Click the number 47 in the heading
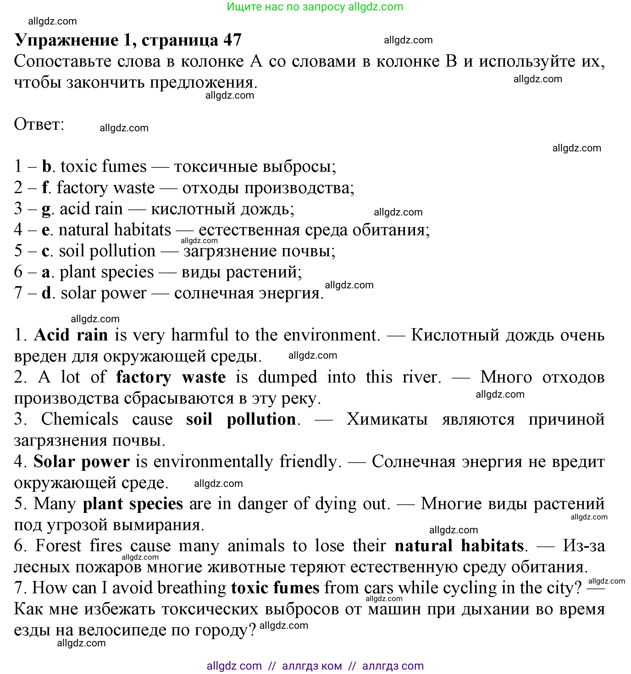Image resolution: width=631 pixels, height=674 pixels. (232, 40)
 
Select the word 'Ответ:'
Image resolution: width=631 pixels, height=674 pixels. (39, 124)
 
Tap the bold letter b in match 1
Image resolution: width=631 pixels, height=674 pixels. (47, 166)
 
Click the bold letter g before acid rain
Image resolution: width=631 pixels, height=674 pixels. (46, 209)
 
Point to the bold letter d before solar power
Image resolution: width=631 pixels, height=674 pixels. (47, 293)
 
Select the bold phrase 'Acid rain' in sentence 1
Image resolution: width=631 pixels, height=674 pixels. (71, 335)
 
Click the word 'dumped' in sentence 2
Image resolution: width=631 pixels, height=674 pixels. (287, 377)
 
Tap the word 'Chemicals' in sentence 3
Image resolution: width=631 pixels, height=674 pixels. (80, 419)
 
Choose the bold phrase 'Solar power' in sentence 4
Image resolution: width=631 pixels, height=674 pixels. (81, 461)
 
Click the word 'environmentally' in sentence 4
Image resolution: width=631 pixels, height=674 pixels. (213, 461)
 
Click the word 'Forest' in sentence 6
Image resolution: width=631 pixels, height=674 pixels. (58, 546)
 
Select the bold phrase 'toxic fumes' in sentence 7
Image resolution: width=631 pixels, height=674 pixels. (275, 588)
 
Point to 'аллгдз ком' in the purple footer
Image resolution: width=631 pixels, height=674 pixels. (312, 666)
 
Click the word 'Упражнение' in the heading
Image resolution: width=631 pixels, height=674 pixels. (67, 40)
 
